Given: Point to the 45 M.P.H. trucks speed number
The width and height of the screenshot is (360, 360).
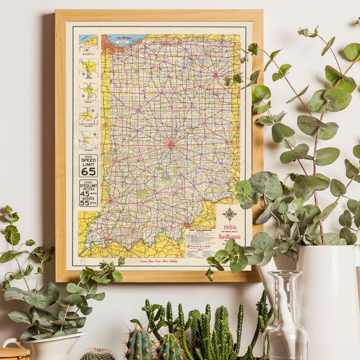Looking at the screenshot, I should pyautogui.click(x=85, y=193).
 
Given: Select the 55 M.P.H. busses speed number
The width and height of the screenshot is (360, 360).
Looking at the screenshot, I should pyautogui.click(x=85, y=203).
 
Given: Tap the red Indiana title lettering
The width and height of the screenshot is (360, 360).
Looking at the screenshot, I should pyautogui.click(x=229, y=236).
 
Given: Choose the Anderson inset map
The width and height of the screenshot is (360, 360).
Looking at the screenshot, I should pyautogui.click(x=88, y=115).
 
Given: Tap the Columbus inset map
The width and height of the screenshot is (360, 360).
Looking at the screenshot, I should pyautogui.click(x=88, y=140).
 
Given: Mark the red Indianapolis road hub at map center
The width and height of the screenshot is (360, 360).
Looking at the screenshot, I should pyautogui.click(x=171, y=144).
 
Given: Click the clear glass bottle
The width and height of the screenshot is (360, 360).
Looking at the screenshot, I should pyautogui.click(x=285, y=321).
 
